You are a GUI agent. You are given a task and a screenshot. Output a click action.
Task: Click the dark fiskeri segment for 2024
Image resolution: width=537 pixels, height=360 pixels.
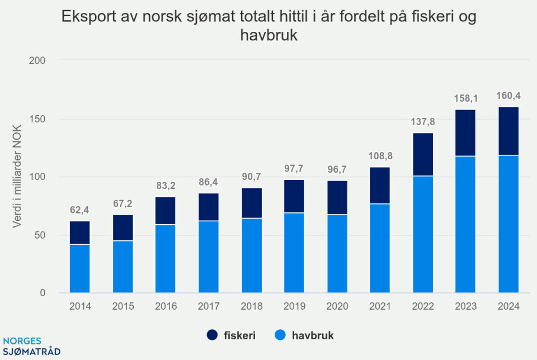coord(508,131)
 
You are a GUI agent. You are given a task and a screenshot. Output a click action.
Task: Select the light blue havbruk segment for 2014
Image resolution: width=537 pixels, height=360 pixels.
coord(79,268)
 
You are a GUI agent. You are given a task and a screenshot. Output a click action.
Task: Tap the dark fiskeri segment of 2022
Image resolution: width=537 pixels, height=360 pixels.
coord(422,154)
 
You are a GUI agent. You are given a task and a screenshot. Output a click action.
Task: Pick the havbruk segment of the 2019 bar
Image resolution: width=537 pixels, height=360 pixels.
coord(294,252)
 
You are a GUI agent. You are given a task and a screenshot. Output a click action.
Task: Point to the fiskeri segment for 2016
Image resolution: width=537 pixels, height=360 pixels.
coord(165,211)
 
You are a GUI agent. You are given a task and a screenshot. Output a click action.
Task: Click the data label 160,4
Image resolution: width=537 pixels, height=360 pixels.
coord(508,96)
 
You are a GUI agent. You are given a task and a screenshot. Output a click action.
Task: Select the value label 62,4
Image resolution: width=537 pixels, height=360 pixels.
coord(79,210)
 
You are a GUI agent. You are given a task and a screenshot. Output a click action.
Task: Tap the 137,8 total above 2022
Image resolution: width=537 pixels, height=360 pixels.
coord(422,121)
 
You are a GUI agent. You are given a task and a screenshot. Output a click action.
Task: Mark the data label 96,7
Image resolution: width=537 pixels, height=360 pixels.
coord(337,169)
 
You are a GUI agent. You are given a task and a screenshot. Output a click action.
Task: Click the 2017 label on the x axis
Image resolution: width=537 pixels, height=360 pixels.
coord(208,306)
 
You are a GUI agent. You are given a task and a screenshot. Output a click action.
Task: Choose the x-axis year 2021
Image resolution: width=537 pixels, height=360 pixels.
coord(379,306)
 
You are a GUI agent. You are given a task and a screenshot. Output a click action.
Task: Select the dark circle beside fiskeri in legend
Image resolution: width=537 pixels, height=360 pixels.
coord(213,335)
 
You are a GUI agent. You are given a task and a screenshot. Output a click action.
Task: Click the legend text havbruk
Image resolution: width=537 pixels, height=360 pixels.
coord(314,335)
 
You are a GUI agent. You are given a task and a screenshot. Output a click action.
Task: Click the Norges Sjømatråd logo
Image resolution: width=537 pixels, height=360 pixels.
coord(31,347)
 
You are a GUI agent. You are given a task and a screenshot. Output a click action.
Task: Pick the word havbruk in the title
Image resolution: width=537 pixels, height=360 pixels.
coord(268,35)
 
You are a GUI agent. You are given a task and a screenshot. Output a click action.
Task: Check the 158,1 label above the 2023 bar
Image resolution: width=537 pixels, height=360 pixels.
coord(465,98)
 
